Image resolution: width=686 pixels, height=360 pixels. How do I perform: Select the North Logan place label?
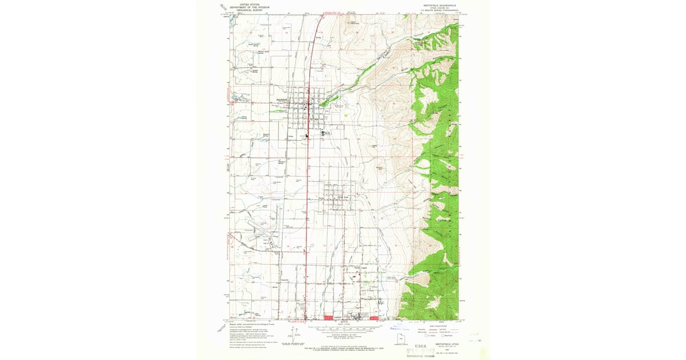pos(358,267)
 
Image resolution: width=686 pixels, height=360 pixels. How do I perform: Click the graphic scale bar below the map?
pos(344,328)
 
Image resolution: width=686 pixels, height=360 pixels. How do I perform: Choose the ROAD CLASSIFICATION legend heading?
pos(440,324)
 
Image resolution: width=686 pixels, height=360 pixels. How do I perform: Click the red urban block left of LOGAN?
pos(328,317)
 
